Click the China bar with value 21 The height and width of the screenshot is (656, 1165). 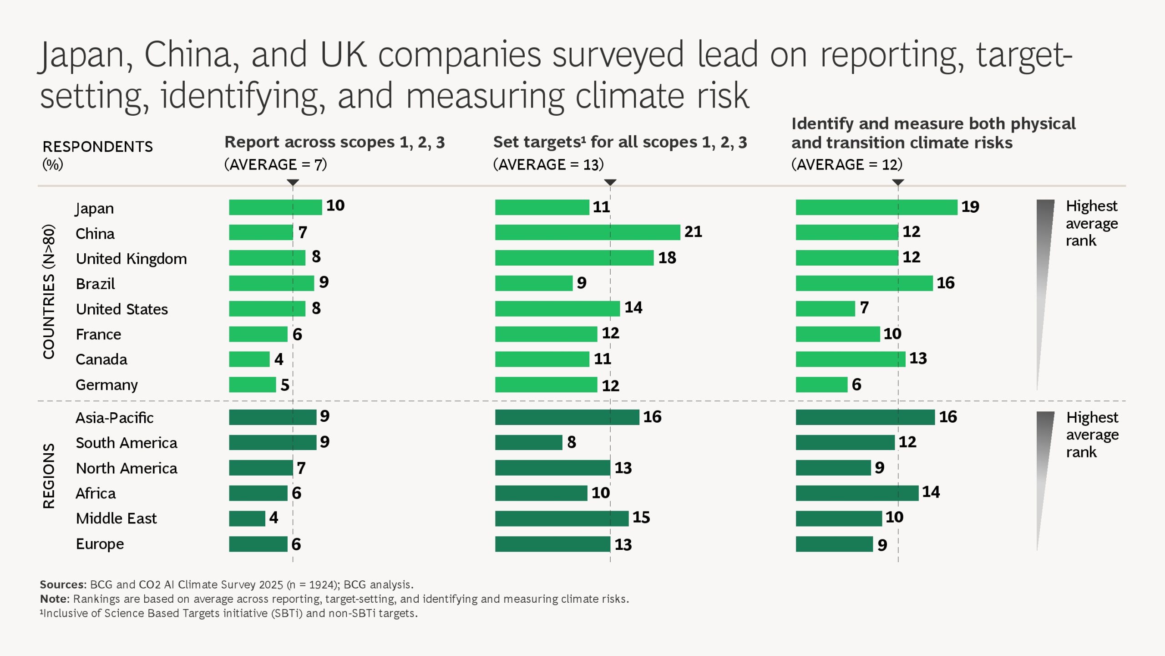tap(587, 232)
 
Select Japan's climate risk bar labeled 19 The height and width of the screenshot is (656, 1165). tap(876, 207)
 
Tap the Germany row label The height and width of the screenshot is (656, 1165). tap(106, 385)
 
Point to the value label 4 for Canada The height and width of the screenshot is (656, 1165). tap(279, 359)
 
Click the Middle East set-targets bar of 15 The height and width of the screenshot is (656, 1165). tap(562, 518)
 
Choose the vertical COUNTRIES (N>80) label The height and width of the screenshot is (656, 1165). tap(49, 292)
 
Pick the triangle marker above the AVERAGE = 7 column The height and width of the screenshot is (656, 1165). tap(293, 182)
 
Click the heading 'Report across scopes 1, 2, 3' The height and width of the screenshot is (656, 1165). tap(334, 142)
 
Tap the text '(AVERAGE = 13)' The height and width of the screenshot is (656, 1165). tap(548, 164)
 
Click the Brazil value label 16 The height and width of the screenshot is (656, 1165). tap(945, 283)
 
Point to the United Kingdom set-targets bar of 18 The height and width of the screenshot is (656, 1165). tap(574, 258)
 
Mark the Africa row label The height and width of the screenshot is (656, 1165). tap(96, 493)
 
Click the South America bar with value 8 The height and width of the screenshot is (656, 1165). tap(528, 442)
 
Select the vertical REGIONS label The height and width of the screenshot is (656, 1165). tap(49, 476)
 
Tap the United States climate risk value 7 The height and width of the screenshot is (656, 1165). tap(864, 308)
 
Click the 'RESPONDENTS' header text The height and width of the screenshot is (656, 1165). tap(97, 147)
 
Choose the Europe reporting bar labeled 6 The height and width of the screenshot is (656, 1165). tap(258, 544)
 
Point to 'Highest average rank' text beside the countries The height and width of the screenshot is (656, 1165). tap(1091, 223)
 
